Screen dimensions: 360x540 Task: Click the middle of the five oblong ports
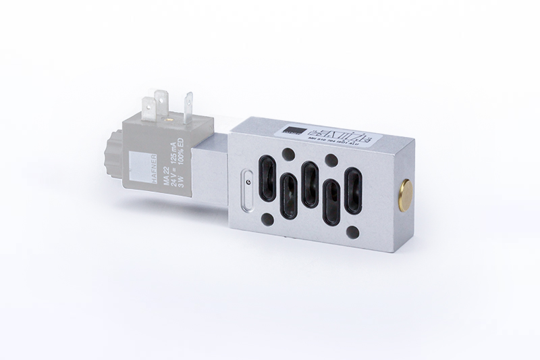pos(310,184)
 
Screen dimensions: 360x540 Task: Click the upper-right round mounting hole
pos(331,159)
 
